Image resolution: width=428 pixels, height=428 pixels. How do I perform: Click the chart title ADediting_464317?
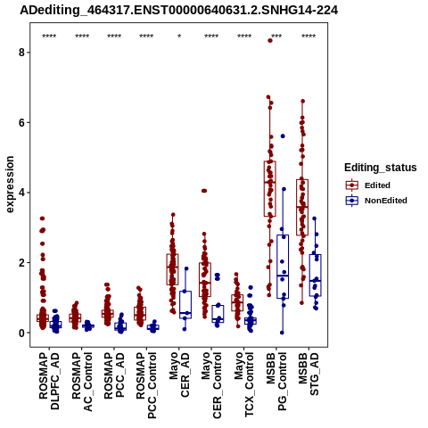[179, 11]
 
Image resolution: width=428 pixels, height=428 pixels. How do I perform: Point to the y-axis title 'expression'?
[10, 185]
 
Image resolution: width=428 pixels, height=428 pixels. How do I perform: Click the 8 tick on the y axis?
[21, 53]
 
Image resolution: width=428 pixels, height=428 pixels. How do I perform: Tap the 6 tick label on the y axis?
[21, 123]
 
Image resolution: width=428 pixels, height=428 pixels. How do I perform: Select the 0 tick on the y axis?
[21, 333]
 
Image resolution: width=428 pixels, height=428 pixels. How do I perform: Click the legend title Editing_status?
[381, 168]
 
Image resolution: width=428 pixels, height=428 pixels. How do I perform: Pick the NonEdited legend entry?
[376, 201]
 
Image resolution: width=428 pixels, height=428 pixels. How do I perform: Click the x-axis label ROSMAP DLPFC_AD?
[49, 381]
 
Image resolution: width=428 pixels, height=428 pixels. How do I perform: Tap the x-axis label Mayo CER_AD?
[179, 374]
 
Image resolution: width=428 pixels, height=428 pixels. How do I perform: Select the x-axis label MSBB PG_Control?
[276, 382]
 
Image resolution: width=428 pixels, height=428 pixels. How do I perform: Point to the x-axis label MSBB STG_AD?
[309, 374]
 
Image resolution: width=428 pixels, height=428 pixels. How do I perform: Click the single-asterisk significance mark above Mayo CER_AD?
[179, 37]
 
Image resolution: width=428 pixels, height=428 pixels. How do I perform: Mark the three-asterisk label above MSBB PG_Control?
[276, 37]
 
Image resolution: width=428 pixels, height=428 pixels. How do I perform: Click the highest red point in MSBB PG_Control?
[270, 41]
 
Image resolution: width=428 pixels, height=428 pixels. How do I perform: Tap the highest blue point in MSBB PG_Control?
[283, 136]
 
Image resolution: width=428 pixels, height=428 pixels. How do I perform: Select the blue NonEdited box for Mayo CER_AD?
[185, 305]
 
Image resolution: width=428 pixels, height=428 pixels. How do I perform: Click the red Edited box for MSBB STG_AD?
[302, 208]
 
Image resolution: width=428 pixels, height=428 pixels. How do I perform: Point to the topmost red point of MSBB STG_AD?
[303, 102]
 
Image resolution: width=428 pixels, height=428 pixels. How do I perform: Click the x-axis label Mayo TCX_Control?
[244, 384]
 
